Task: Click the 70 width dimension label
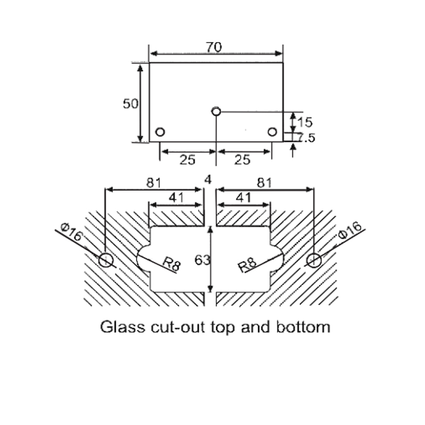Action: click(214, 47)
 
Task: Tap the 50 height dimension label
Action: click(131, 104)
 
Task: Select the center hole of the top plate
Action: click(216, 111)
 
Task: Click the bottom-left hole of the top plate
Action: click(160, 132)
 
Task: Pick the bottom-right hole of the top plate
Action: click(272, 132)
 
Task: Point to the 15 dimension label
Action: click(305, 122)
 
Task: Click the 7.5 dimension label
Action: click(306, 138)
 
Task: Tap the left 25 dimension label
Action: click(188, 160)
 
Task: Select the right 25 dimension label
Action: click(242, 160)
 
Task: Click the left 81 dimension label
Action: click(154, 183)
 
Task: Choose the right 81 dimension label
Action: click(264, 183)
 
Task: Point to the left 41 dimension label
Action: click(176, 198)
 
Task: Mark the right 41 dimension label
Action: click(244, 198)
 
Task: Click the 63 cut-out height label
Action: click(202, 260)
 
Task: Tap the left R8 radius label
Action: click(172, 263)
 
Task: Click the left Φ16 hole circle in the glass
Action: click(106, 260)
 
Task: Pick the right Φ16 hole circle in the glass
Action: click(314, 260)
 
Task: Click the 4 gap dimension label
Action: click(208, 180)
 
